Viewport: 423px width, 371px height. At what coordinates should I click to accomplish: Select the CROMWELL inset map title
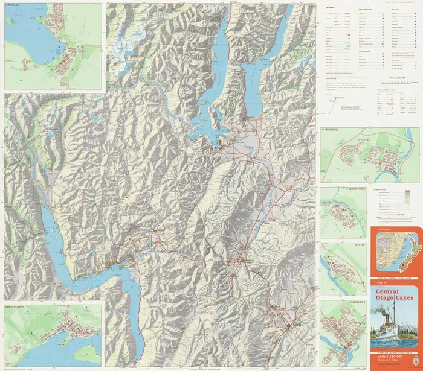pyautogui.click(x=332, y=128)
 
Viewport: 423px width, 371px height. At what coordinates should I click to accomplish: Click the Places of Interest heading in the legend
pyautogui.click(x=366, y=10)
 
